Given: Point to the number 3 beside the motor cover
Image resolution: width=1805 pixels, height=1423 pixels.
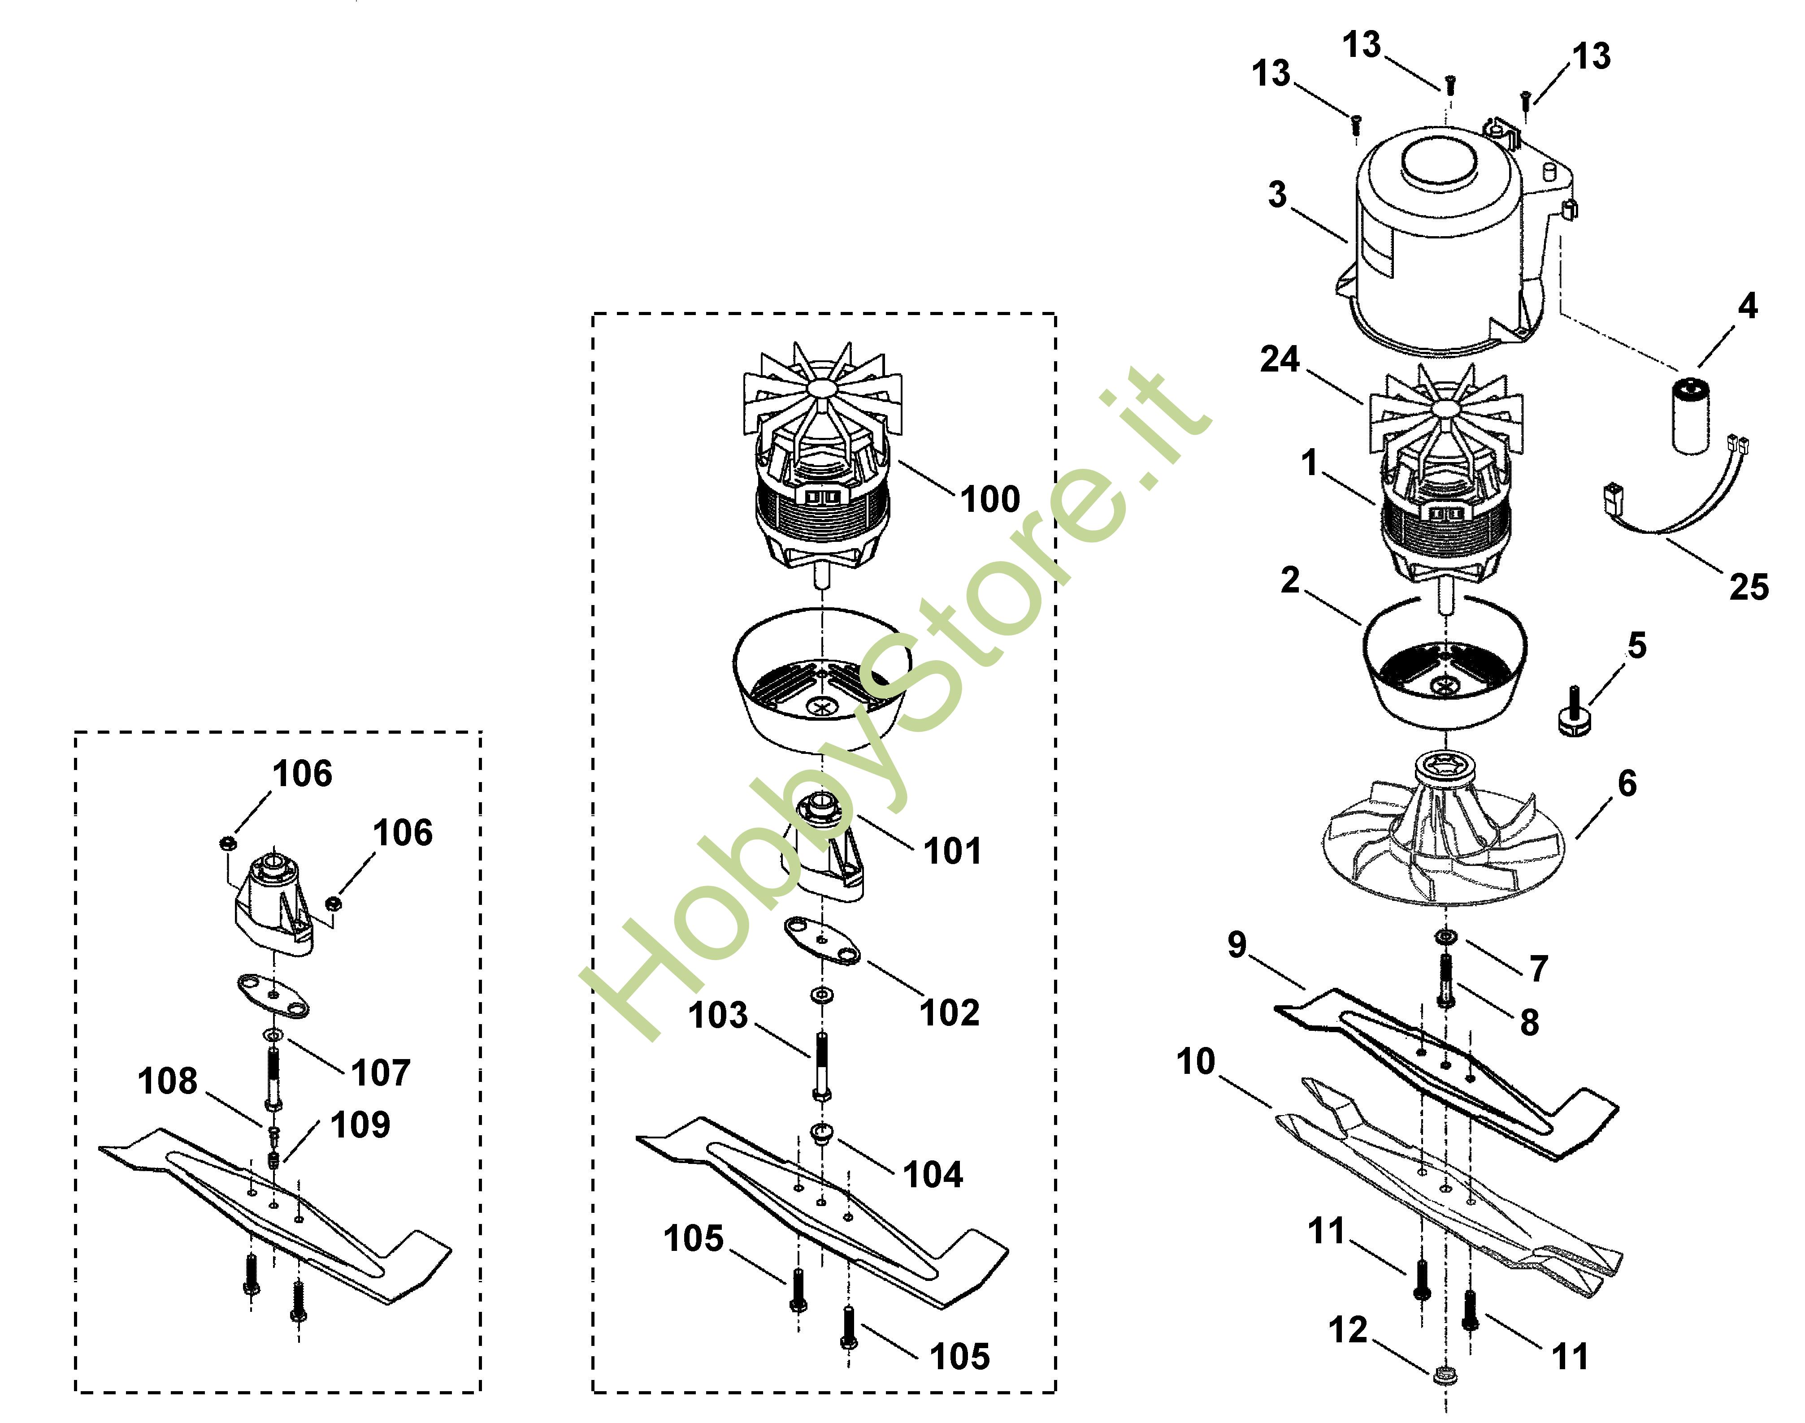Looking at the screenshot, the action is [x=1277, y=195].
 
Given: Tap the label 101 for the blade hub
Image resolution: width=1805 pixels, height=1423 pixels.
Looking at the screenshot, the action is [x=953, y=852].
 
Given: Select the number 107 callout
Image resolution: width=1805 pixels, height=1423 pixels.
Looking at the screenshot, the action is [x=381, y=1073].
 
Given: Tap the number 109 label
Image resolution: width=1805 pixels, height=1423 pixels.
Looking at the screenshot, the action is [x=360, y=1125].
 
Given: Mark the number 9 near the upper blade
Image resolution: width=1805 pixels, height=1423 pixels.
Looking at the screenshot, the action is [x=1237, y=945].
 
